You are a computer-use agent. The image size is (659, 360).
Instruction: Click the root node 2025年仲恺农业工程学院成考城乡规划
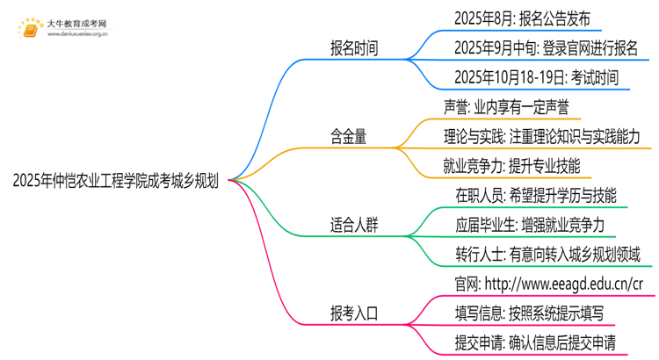coord(116,181)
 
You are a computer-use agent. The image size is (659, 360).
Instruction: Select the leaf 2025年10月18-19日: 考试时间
coord(536,77)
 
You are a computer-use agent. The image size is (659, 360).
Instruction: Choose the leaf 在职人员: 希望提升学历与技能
coord(535,195)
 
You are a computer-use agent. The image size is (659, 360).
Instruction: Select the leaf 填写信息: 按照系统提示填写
coord(528,313)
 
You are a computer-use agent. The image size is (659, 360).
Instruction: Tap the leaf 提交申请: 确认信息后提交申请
coord(535,342)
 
